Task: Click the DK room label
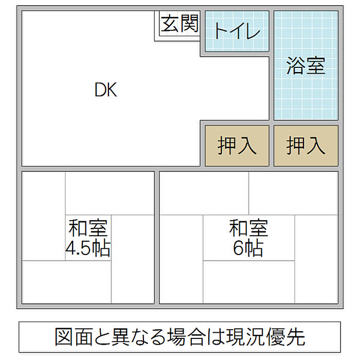(x=106, y=90)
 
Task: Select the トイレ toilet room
(x=237, y=31)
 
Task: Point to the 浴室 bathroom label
(x=305, y=65)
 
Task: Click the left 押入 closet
(x=237, y=146)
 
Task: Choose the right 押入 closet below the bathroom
(x=305, y=146)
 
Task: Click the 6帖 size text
(x=248, y=248)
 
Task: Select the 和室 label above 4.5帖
(x=88, y=228)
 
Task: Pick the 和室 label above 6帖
(x=248, y=227)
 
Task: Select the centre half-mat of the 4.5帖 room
(x=88, y=238)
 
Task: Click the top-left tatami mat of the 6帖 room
(x=204, y=193)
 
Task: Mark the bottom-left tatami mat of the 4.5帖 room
(x=67, y=282)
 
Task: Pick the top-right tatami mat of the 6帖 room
(x=293, y=193)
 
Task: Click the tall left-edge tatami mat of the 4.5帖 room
(x=44, y=216)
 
